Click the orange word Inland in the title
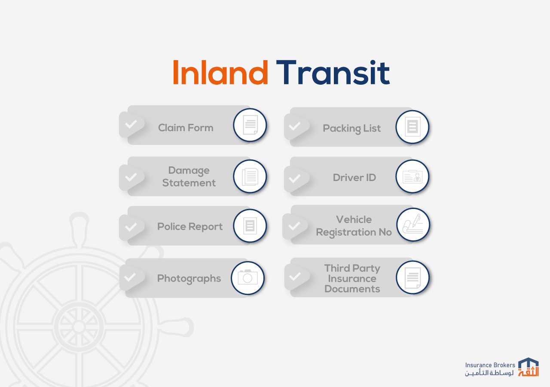(220, 72)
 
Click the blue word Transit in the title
(333, 72)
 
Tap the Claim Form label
(186, 128)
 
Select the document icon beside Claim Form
(250, 125)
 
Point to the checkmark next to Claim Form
(131, 124)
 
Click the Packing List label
(351, 129)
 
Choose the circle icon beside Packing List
(412, 127)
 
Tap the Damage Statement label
(189, 176)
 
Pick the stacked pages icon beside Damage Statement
(250, 176)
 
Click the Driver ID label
(354, 178)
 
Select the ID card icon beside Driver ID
(412, 176)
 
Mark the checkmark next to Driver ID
(294, 178)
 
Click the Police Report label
(190, 227)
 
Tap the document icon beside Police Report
(250, 226)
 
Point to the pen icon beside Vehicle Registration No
(413, 224)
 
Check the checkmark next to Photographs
(130, 277)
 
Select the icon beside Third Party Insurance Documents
(413, 277)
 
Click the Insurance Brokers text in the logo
(490, 365)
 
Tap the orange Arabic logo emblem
(529, 371)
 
